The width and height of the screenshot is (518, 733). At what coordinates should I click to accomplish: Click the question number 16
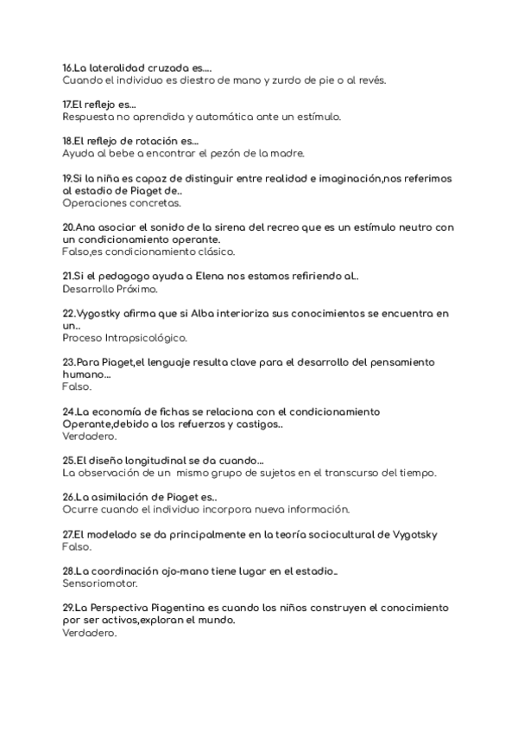coord(68,67)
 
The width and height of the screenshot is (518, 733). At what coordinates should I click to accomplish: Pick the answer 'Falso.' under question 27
coord(77,546)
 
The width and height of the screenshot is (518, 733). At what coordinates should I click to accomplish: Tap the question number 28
coord(68,570)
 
